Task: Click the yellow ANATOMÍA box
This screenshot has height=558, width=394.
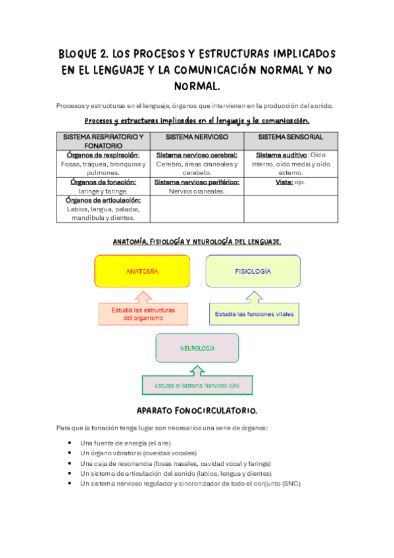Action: [142, 271]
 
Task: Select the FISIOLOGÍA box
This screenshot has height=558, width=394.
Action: [253, 271]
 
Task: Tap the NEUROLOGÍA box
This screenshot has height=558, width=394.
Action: [197, 347]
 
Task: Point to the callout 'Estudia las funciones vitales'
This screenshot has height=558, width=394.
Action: [253, 315]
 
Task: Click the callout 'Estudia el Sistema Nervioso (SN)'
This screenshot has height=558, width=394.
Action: [197, 385]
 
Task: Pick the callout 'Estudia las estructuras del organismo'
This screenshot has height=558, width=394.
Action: [142, 314]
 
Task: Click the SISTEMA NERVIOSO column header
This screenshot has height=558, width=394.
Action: [197, 137]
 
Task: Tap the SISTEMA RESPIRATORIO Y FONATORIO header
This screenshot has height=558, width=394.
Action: [103, 141]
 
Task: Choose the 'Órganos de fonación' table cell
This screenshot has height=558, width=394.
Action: [103, 186]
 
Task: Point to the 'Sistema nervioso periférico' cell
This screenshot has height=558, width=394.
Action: [197, 186]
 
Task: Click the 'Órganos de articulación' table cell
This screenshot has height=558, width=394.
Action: [103, 209]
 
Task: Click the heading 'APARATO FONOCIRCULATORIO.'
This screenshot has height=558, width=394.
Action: [197, 410]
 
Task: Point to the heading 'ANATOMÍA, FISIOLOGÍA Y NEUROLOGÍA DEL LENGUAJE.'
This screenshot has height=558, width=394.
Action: [197, 241]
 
